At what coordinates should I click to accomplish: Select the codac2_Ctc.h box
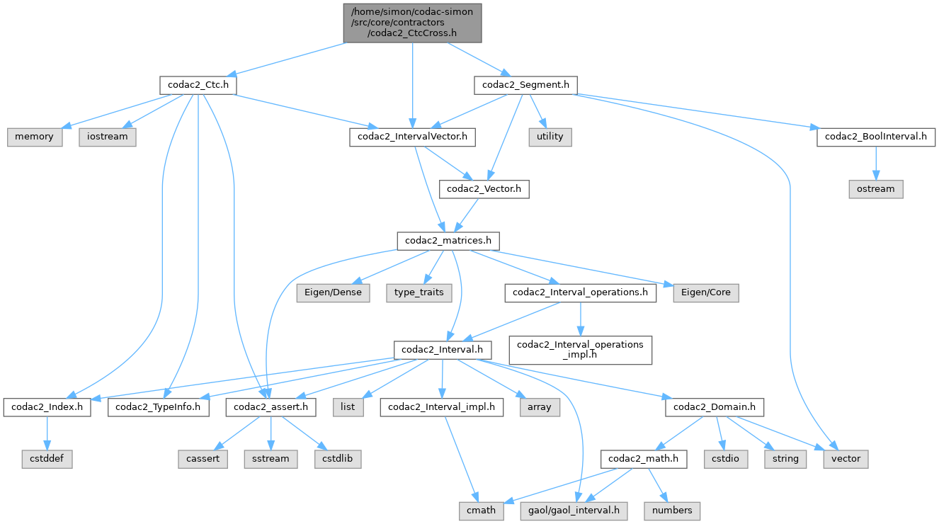coord(198,85)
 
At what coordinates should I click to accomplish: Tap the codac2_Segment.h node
coord(525,85)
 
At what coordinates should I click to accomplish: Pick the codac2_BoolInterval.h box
coord(875,137)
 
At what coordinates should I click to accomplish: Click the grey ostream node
coord(875,189)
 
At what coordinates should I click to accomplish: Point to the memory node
coord(35,137)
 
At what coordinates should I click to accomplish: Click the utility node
coord(550,137)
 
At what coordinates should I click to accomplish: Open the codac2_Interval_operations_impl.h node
coord(581,350)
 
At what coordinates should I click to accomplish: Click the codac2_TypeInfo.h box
coord(159,407)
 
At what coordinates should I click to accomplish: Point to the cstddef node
coord(47,459)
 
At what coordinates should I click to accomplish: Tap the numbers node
coord(673,511)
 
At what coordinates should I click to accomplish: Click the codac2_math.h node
coord(643,459)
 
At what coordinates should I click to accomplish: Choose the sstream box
coord(271,459)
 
